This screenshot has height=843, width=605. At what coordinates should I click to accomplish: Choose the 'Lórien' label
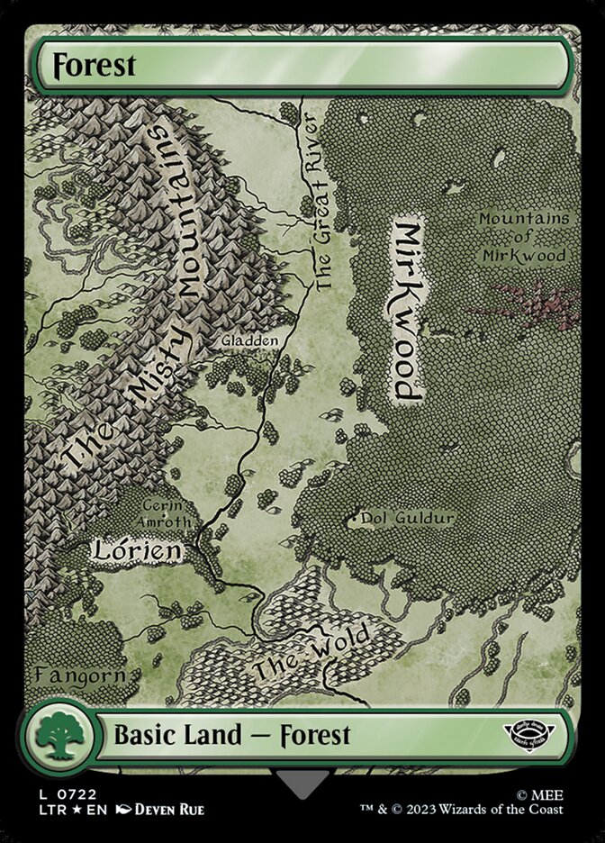(x=137, y=549)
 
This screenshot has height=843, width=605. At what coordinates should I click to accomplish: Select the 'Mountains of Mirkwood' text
(x=523, y=237)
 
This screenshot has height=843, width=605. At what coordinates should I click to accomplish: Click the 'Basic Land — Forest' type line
(x=231, y=735)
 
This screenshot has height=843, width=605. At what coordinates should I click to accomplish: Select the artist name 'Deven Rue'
(x=170, y=811)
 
